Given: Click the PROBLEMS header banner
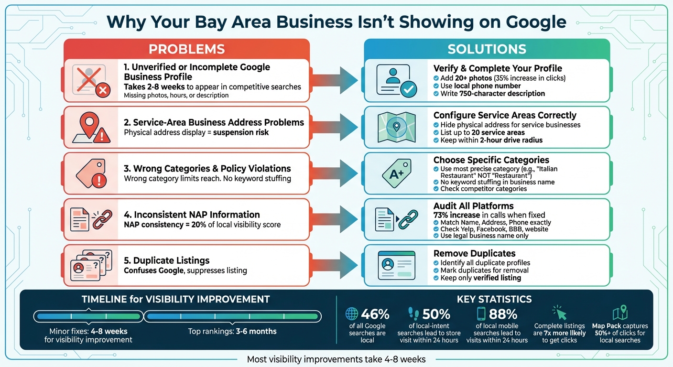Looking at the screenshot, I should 186,49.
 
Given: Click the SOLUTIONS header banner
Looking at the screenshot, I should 487,49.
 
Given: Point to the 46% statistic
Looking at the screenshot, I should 375,314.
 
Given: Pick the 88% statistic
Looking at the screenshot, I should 503,314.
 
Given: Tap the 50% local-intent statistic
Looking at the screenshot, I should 436,314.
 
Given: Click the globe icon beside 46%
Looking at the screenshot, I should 352,313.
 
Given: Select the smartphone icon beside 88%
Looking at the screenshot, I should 481,313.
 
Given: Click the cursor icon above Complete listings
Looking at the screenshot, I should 559,313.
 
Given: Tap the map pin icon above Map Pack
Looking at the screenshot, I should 619,313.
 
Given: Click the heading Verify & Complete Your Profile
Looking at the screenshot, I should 498,68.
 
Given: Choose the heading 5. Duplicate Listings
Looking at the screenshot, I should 166,260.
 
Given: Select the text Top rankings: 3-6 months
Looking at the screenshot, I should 232,331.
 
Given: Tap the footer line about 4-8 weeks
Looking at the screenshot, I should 336,359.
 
